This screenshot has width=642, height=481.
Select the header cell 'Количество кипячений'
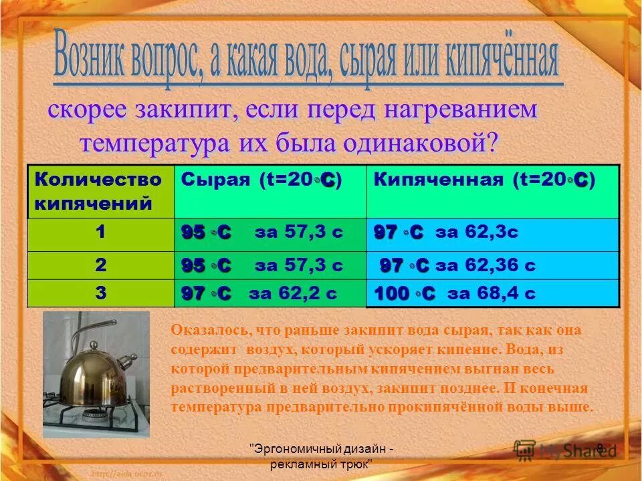98,191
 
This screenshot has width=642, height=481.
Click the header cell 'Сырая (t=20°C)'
262,180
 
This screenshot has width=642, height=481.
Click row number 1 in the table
100,232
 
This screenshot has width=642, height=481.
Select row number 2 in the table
100,265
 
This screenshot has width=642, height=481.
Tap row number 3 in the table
100,293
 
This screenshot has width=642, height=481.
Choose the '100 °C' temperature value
405,293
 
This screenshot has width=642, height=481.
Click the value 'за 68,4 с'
491,293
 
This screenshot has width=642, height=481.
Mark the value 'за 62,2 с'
292,293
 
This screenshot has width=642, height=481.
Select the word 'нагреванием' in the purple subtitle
453,111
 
